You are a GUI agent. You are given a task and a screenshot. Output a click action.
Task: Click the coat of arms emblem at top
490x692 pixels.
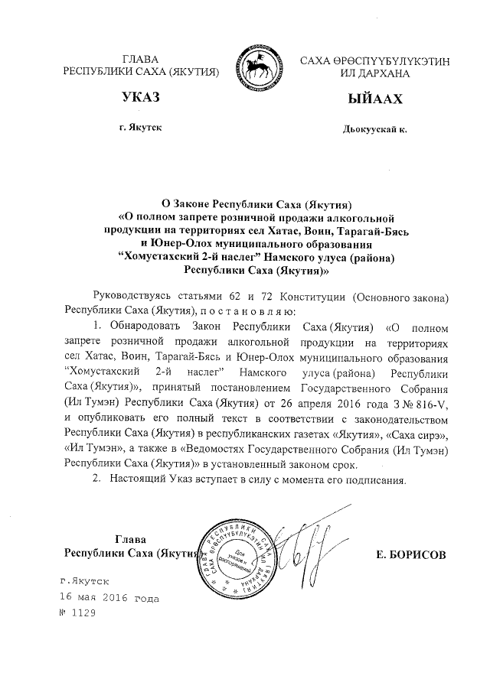260,60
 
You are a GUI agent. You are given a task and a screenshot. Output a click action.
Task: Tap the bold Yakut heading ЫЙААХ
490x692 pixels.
374,99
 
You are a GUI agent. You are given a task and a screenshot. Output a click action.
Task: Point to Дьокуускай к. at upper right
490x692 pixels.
374,130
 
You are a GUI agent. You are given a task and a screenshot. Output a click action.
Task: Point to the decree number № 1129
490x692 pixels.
80,614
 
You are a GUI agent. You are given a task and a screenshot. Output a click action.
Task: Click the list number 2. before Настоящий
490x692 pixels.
96,480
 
